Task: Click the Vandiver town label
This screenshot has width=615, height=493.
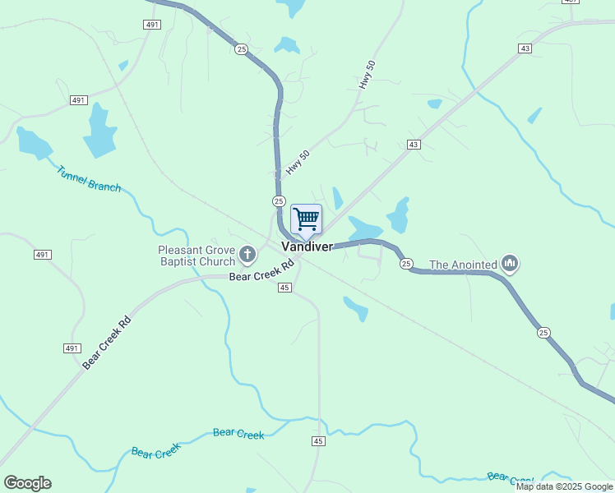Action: (x=307, y=246)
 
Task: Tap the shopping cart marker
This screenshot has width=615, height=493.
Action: (x=306, y=219)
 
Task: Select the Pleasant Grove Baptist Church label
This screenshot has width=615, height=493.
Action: (x=197, y=256)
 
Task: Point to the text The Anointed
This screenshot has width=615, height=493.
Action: (x=463, y=265)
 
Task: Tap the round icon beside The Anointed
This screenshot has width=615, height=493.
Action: (x=510, y=264)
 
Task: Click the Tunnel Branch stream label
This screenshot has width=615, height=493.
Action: (x=89, y=177)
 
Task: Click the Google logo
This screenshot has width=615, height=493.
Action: (x=27, y=483)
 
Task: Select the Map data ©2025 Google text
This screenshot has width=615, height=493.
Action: (x=564, y=486)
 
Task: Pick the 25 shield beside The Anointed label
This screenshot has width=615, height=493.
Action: (x=406, y=264)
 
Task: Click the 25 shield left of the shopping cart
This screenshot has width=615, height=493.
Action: (x=279, y=201)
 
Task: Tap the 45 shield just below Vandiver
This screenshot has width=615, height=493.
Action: (x=284, y=287)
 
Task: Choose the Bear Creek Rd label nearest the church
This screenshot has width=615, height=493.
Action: (x=262, y=272)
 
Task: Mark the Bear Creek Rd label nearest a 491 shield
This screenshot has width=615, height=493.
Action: (x=107, y=343)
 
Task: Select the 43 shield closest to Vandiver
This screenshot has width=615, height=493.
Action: (x=414, y=145)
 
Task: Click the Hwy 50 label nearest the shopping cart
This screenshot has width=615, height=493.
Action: (x=298, y=163)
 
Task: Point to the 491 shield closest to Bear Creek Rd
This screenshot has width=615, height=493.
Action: (x=72, y=348)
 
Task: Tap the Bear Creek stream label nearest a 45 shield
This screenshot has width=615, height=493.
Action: (x=238, y=434)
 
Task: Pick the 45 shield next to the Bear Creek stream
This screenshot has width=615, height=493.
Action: (x=318, y=441)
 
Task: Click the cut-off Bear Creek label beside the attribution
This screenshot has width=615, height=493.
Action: (x=510, y=478)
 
